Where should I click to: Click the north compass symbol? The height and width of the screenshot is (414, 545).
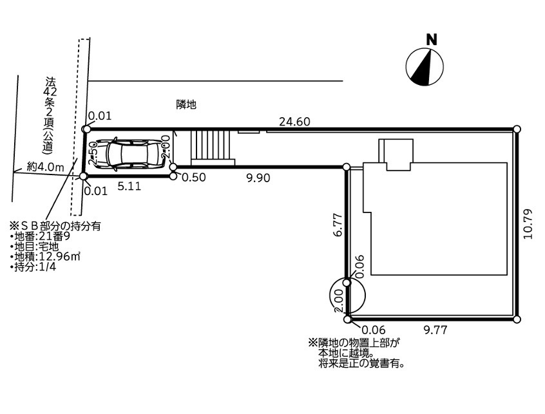pyautogui.click(x=425, y=66)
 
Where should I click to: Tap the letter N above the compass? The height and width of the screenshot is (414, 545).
pyautogui.click(x=432, y=39)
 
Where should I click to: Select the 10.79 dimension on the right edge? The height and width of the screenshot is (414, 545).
pyautogui.click(x=529, y=223)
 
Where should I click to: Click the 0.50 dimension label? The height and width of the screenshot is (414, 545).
pyautogui.click(x=194, y=178)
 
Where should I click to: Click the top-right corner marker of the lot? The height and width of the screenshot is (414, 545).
pyautogui.click(x=517, y=129)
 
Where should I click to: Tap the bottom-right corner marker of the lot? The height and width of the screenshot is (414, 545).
pyautogui.click(x=517, y=319)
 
